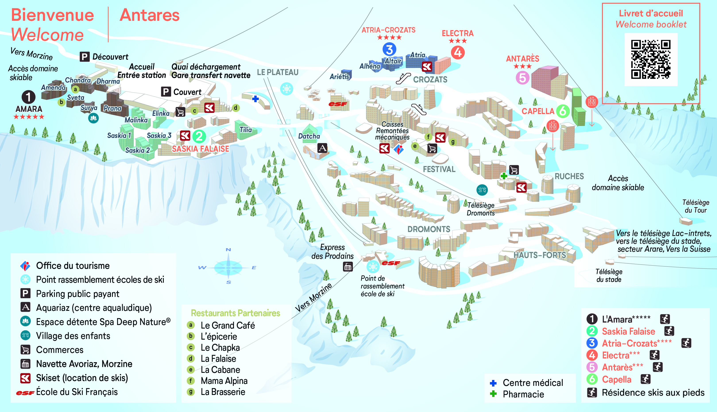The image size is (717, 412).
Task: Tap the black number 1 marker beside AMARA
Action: pos(29,97)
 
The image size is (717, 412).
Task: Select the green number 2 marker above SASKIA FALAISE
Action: pos(199,136)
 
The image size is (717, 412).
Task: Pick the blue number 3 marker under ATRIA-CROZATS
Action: pos(389,50)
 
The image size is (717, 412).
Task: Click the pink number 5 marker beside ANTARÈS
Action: pos(522,77)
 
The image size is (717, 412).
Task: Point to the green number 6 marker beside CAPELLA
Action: pos(562,111)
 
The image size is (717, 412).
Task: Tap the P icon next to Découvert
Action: pos(84,57)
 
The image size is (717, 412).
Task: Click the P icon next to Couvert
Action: pos(166,92)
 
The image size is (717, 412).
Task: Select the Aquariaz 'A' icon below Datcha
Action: pos(322,148)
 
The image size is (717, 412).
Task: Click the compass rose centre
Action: pos(228,267)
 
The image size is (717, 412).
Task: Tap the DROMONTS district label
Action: pos(429,229)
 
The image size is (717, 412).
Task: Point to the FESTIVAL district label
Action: pos(439,169)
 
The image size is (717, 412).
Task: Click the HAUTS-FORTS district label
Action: pos(540,255)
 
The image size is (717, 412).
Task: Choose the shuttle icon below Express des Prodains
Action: pos(348,267)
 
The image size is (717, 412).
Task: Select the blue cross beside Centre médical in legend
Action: pos(493,383)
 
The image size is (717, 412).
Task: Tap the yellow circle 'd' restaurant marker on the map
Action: pos(235,108)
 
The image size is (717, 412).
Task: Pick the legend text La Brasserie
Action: pos(223,392)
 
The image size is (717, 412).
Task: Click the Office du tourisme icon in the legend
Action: pos(25,266)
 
